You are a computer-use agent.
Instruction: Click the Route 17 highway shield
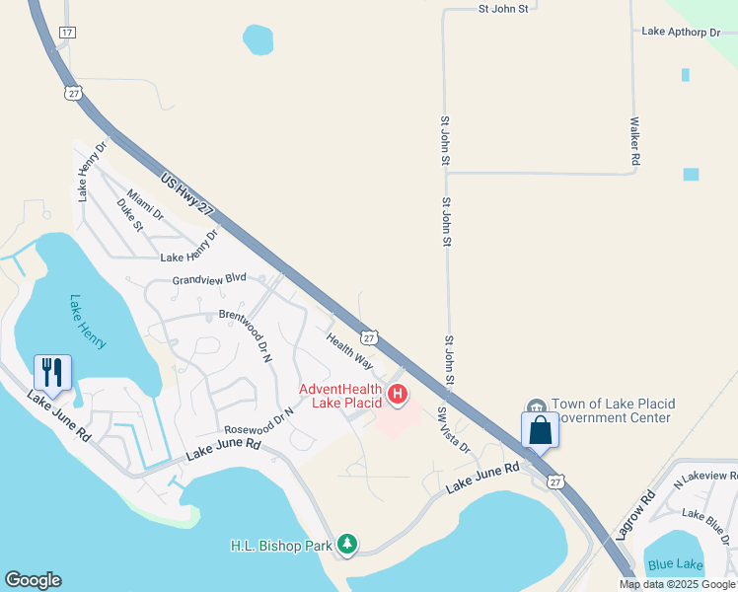pos(67,33)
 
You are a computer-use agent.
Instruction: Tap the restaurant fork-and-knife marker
pos(50,372)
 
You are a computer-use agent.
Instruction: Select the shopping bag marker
pos(540,430)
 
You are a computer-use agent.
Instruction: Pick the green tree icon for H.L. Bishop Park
pos(347,544)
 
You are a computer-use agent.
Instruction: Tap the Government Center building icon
pos(536,407)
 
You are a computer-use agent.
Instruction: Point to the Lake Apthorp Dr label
pos(682,32)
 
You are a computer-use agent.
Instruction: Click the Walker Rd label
pos(635,141)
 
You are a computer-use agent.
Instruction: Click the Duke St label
pos(130,215)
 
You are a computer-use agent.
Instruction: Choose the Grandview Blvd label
pos(209,279)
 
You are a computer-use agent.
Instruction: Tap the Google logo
pos(33,580)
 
